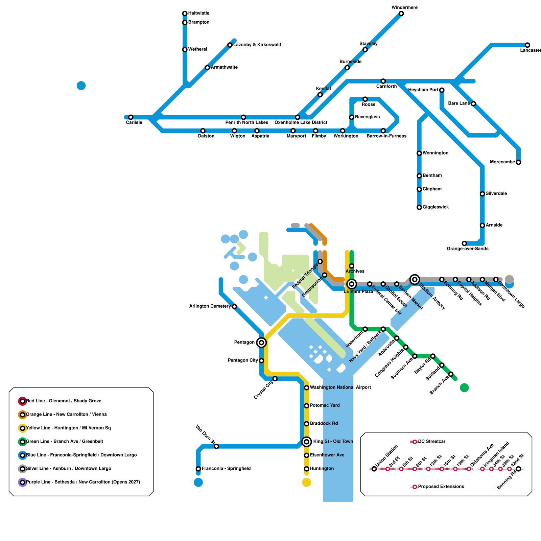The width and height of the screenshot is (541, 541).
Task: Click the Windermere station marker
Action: (x=401, y=14)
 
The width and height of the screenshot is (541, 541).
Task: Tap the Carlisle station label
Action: (x=134, y=122)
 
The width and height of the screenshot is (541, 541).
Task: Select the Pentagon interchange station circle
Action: (x=261, y=343)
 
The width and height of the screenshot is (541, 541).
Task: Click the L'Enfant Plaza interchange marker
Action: (x=352, y=284)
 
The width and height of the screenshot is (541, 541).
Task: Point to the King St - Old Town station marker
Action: (x=307, y=441)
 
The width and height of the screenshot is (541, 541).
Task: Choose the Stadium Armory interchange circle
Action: (x=415, y=279)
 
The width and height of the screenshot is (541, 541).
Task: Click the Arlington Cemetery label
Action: (x=210, y=306)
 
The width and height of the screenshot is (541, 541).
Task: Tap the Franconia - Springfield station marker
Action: (x=198, y=469)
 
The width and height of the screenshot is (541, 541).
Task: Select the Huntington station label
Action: (x=322, y=469)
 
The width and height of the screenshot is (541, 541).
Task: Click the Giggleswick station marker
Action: (x=419, y=207)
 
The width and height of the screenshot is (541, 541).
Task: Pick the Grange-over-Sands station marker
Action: (x=464, y=243)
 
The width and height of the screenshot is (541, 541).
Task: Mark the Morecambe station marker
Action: (x=518, y=162)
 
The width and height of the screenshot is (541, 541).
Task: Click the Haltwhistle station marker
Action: (x=185, y=14)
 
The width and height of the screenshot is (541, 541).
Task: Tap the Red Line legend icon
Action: (x=22, y=401)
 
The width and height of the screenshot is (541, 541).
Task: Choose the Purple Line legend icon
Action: (x=22, y=482)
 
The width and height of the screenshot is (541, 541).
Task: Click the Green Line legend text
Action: (x=65, y=442)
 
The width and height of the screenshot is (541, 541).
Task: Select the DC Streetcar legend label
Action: (x=432, y=442)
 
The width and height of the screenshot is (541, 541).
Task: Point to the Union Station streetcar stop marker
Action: (x=374, y=469)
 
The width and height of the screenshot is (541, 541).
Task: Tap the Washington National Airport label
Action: (x=340, y=387)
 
